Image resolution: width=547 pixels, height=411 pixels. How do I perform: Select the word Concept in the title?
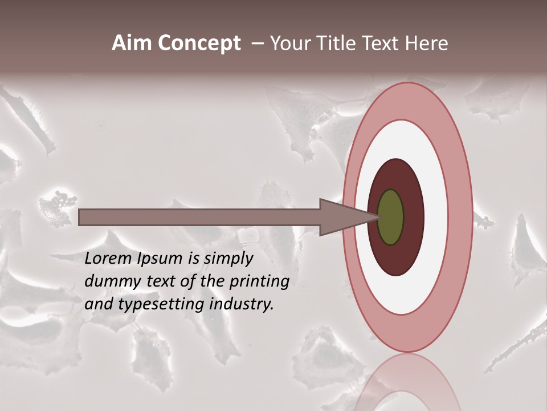[199, 43]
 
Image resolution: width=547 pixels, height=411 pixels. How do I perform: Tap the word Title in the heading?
[330, 43]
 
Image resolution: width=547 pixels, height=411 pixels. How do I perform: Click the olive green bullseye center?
[391, 217]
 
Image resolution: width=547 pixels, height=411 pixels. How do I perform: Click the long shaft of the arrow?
[199, 217]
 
